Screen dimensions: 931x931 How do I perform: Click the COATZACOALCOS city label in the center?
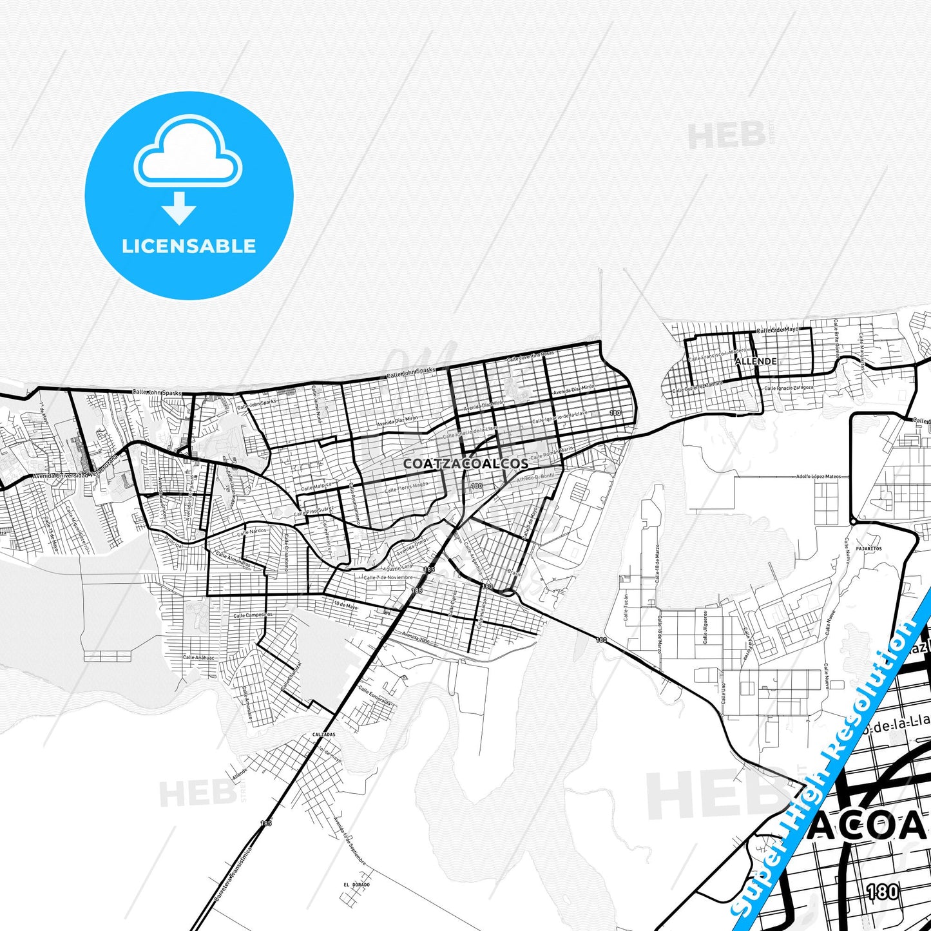click(466, 463)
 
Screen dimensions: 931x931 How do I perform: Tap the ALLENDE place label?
click(756, 361)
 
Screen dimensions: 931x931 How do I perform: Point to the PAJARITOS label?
click(869, 549)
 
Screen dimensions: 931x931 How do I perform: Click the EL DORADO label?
click(357, 885)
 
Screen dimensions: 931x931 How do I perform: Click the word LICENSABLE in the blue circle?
click(189, 245)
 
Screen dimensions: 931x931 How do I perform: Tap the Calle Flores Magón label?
click(406, 488)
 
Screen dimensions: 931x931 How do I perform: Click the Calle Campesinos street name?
click(253, 615)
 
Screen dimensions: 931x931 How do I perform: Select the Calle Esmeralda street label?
click(375, 696)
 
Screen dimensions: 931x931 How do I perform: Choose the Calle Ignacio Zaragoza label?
click(789, 389)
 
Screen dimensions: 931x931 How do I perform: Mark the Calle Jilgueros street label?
click(705, 627)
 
